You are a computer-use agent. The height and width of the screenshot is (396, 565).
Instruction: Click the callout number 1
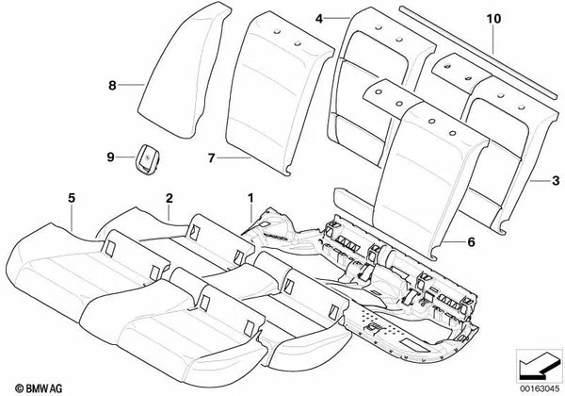(x=250, y=198)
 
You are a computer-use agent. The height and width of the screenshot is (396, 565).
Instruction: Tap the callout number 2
(x=169, y=198)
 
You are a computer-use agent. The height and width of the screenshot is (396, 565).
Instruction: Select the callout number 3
(x=556, y=180)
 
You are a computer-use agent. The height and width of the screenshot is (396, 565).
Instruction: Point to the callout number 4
(x=319, y=19)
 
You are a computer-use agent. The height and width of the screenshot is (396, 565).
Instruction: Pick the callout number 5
(x=72, y=198)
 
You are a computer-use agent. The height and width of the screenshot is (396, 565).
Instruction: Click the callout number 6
(x=472, y=242)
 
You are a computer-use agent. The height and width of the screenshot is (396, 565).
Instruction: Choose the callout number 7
(x=212, y=158)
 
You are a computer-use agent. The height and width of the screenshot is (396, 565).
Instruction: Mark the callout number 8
(x=112, y=86)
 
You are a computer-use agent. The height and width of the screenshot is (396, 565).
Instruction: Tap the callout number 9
(x=110, y=157)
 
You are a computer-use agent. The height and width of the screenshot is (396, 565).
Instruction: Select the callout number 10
(x=493, y=19)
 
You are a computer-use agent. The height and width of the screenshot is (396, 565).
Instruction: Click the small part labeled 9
(x=148, y=158)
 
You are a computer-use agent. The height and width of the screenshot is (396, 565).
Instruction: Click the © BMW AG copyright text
(x=39, y=388)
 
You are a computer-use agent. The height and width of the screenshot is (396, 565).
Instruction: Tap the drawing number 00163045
(x=540, y=388)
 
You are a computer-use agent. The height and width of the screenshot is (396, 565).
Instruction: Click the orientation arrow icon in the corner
(x=539, y=366)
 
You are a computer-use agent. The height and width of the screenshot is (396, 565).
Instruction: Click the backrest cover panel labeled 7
(x=280, y=93)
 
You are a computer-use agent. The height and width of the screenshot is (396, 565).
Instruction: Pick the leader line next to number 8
(x=131, y=85)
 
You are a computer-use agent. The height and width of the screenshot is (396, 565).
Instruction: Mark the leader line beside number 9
(x=126, y=157)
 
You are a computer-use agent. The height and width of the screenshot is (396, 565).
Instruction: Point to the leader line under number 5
(x=73, y=218)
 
